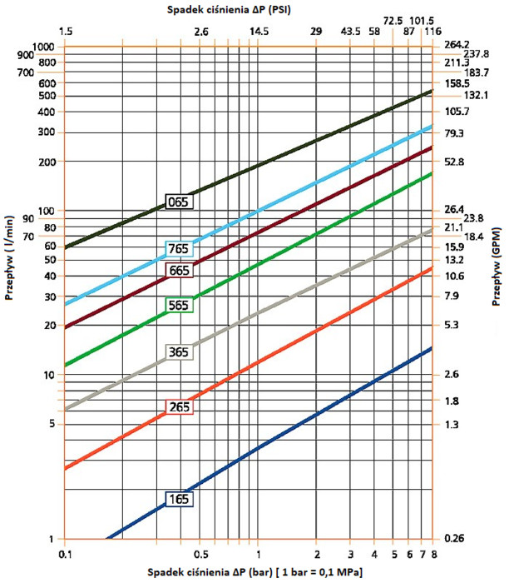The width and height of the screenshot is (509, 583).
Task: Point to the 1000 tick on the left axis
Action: coord(42,47)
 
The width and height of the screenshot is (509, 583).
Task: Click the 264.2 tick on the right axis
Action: coord(458,45)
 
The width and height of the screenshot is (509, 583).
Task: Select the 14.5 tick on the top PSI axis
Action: coord(258,31)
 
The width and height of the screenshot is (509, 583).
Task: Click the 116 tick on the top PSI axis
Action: coord(432,31)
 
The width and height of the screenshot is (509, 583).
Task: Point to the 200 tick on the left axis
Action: coord(45,162)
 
